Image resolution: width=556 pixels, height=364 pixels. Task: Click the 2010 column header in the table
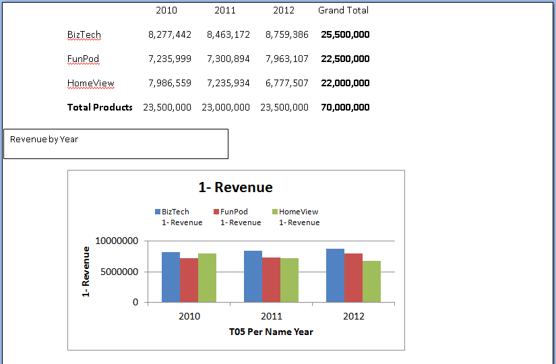click(x=166, y=10)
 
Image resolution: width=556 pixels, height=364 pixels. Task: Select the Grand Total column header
click(x=343, y=10)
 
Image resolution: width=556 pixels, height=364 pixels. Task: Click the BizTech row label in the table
click(x=84, y=34)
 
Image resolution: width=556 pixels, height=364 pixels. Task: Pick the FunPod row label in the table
click(x=83, y=59)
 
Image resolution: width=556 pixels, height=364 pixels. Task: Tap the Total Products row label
click(x=100, y=107)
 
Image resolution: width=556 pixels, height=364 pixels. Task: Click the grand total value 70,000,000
click(x=345, y=107)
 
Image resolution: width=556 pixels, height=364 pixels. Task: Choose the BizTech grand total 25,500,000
click(x=345, y=34)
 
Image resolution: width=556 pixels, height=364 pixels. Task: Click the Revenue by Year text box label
click(x=44, y=140)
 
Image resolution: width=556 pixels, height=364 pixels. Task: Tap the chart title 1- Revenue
click(x=235, y=187)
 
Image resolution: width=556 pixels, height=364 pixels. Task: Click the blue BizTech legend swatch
click(x=158, y=212)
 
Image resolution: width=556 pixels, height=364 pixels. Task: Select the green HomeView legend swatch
click(x=275, y=212)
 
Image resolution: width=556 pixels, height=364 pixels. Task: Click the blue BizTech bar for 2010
click(x=171, y=277)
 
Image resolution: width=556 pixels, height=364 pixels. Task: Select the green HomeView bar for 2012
click(x=371, y=281)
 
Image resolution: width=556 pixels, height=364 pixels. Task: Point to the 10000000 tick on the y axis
click(x=117, y=241)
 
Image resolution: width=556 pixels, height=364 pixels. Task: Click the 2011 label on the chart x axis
click(x=271, y=316)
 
